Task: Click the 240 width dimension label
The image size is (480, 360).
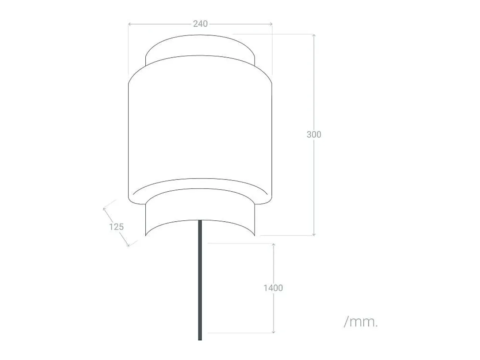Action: click(200, 24)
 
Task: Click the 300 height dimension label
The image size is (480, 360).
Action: click(314, 135)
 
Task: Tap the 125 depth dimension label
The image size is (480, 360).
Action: click(116, 227)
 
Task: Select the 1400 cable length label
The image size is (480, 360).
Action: click(273, 288)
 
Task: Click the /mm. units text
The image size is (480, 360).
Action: click(361, 322)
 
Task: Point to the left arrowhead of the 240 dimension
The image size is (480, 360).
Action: click(129, 24)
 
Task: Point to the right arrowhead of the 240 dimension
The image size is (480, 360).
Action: click(271, 24)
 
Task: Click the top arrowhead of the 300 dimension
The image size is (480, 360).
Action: click(314, 35)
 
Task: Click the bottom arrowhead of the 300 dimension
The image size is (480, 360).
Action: click(314, 234)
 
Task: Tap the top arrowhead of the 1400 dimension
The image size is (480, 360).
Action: click(273, 244)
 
